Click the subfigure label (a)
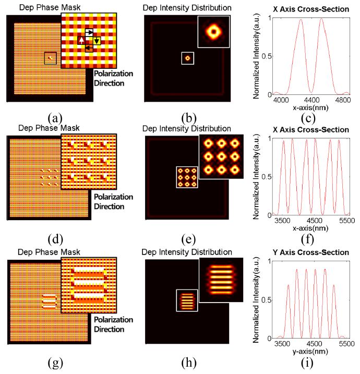55,118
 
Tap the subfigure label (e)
188,239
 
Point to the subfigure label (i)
307,363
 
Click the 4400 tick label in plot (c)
312,100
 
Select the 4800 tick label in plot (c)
343,100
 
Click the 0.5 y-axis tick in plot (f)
267,177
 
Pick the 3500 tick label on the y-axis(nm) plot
282,343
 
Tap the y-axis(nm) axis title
310,352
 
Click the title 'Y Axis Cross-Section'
311,252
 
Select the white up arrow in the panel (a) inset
81,40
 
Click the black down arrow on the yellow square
97,41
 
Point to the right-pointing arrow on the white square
89,32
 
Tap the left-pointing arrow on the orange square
89,47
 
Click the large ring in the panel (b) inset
213,31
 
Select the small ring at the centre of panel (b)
187,58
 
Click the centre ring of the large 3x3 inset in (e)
221,156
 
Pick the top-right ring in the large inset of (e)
235,143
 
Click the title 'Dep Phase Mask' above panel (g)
49,252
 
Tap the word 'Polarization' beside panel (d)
114,197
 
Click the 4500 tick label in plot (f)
315,220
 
